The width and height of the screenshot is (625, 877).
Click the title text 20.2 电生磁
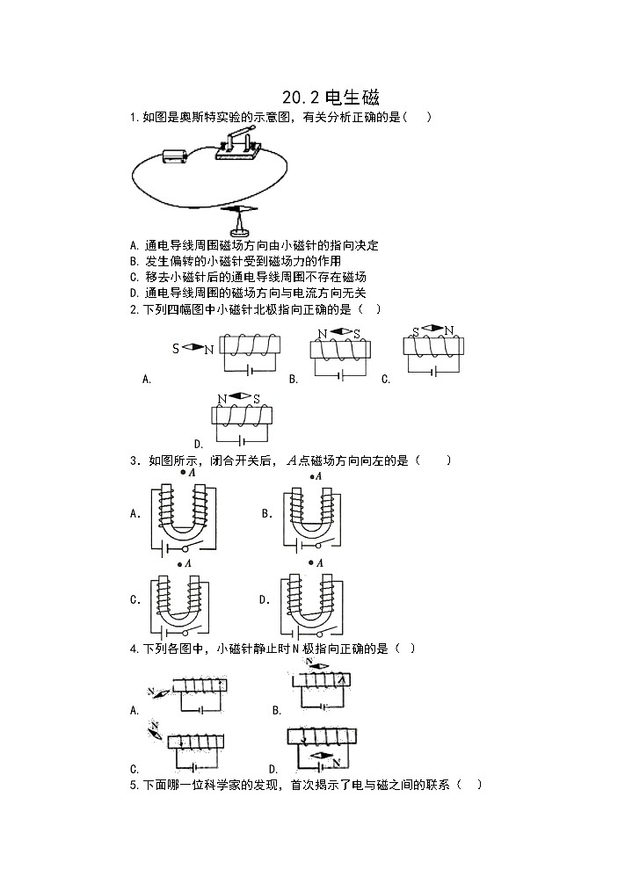coord(331,98)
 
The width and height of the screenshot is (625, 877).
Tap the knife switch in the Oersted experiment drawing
coord(236,144)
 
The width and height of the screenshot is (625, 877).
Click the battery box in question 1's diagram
coord(174,156)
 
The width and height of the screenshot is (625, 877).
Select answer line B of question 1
coord(235,261)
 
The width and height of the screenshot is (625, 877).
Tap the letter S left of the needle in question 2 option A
coord(176,349)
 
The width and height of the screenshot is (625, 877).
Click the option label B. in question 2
coord(294,379)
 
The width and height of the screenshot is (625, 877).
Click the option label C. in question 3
coord(135,600)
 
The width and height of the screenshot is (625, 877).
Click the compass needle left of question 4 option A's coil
coord(164,691)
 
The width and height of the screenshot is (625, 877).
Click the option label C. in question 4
coord(134,767)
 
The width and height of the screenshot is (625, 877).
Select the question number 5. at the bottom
coord(133,784)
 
